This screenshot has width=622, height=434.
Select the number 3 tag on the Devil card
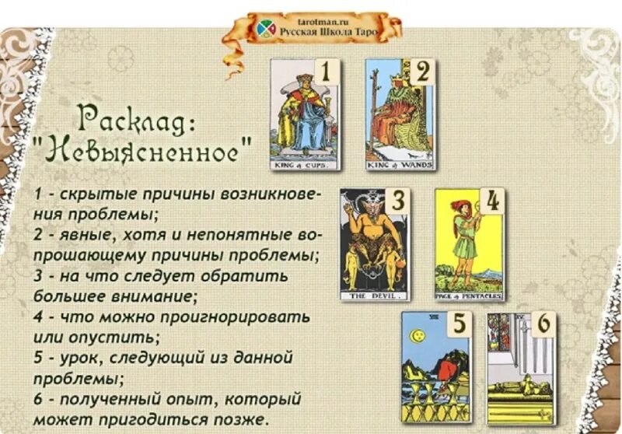(x=397, y=201)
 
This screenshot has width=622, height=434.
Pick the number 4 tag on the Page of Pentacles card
(x=491, y=201)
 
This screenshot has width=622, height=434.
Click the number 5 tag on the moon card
(x=459, y=324)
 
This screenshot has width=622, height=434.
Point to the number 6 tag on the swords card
(x=544, y=324)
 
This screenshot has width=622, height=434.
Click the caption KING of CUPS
(x=306, y=166)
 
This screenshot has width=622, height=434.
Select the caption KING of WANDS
(x=400, y=165)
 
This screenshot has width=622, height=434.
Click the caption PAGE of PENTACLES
(x=470, y=296)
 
